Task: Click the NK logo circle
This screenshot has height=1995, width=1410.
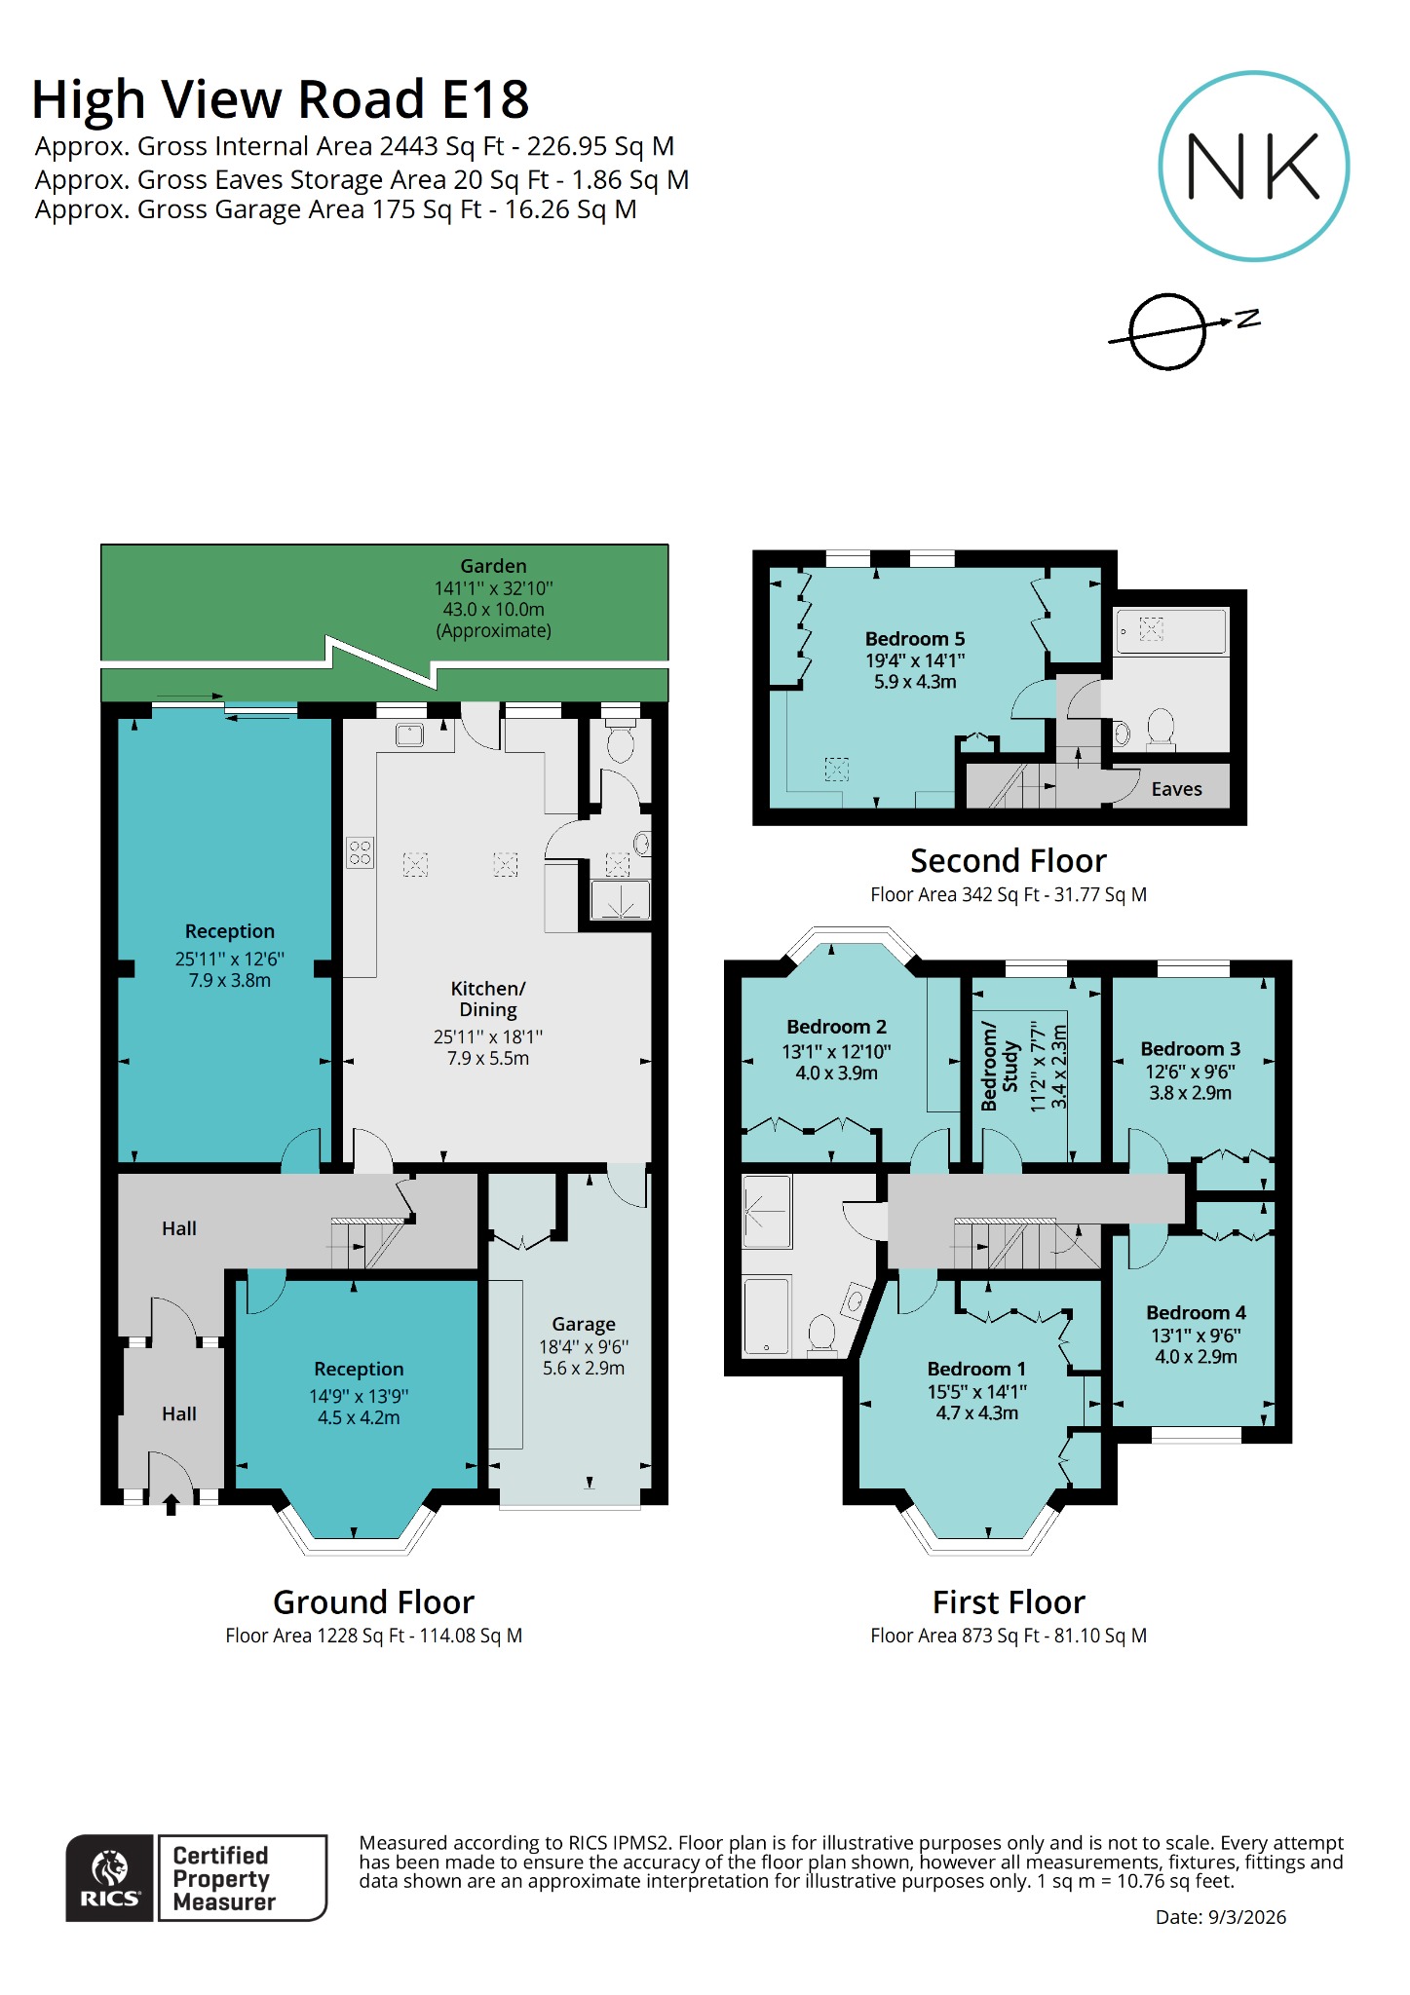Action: tap(1253, 166)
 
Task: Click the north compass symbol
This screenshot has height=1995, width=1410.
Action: tap(1168, 332)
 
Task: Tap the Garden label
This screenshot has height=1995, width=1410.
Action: tap(493, 566)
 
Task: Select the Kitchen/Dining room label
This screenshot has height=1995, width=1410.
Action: tap(488, 998)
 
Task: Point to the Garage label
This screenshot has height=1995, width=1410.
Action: tap(584, 1324)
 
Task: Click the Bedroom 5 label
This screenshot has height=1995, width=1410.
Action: tap(914, 639)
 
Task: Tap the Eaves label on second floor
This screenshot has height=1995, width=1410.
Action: tap(1176, 789)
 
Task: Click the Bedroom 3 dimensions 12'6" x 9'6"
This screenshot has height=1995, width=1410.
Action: tap(1190, 1071)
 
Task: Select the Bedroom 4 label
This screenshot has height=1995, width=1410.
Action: tap(1196, 1312)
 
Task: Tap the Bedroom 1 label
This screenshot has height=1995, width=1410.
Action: tap(976, 1369)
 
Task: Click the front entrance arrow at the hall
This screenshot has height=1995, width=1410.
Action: tap(171, 1505)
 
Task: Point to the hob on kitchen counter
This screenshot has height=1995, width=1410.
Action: tap(360, 853)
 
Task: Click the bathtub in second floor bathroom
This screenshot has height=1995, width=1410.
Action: tap(1170, 631)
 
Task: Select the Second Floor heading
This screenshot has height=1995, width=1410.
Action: tap(1008, 860)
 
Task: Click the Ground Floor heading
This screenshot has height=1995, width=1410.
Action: tap(373, 1602)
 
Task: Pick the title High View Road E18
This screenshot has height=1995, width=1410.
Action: tap(281, 99)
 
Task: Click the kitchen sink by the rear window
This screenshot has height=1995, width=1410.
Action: tap(409, 735)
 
